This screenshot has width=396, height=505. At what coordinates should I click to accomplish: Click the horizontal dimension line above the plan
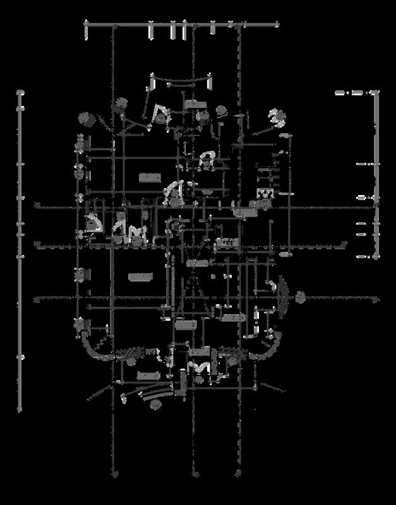click(x=183, y=25)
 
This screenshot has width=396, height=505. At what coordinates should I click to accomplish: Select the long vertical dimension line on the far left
click(x=20, y=252)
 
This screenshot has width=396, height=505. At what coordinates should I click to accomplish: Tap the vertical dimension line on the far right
click(x=376, y=177)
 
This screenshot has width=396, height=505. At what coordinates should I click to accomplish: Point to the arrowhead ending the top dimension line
click(x=278, y=25)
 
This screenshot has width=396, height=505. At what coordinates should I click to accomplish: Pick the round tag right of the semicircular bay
click(x=300, y=295)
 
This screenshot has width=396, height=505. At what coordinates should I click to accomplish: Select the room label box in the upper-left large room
click(x=149, y=177)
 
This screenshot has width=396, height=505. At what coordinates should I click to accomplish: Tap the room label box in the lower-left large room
click(x=140, y=276)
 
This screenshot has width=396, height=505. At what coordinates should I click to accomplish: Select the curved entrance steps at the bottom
click(x=152, y=396)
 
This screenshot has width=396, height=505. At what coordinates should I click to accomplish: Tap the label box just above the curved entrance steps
click(x=147, y=376)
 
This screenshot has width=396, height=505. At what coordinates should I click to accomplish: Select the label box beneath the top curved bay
click(x=196, y=104)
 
